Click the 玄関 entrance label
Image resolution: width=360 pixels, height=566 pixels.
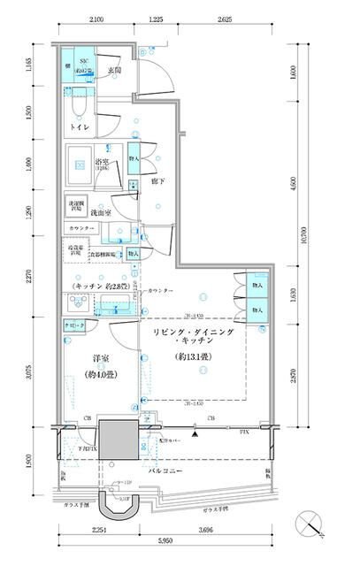tap(114, 71)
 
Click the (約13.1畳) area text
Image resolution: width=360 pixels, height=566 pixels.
tap(191, 358)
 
